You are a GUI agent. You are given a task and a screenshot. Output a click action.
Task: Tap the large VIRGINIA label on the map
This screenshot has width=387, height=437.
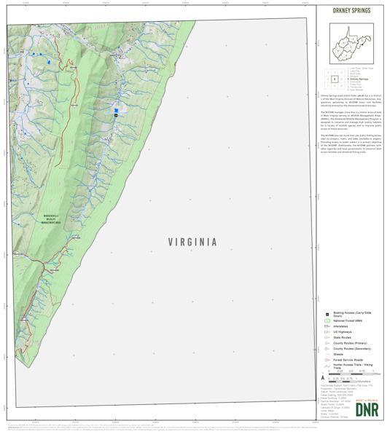192,242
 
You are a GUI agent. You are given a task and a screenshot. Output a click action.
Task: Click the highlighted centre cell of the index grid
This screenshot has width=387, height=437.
335,79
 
